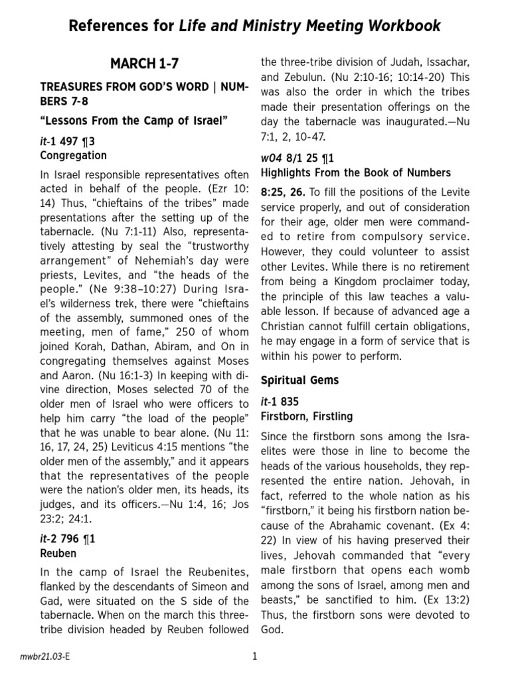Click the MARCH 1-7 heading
(144, 64)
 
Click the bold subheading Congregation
(73, 156)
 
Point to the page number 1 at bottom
(254, 656)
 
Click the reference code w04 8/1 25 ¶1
(297, 158)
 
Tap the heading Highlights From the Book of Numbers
(355, 172)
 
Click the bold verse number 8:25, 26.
(283, 192)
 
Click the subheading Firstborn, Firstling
(306, 416)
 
